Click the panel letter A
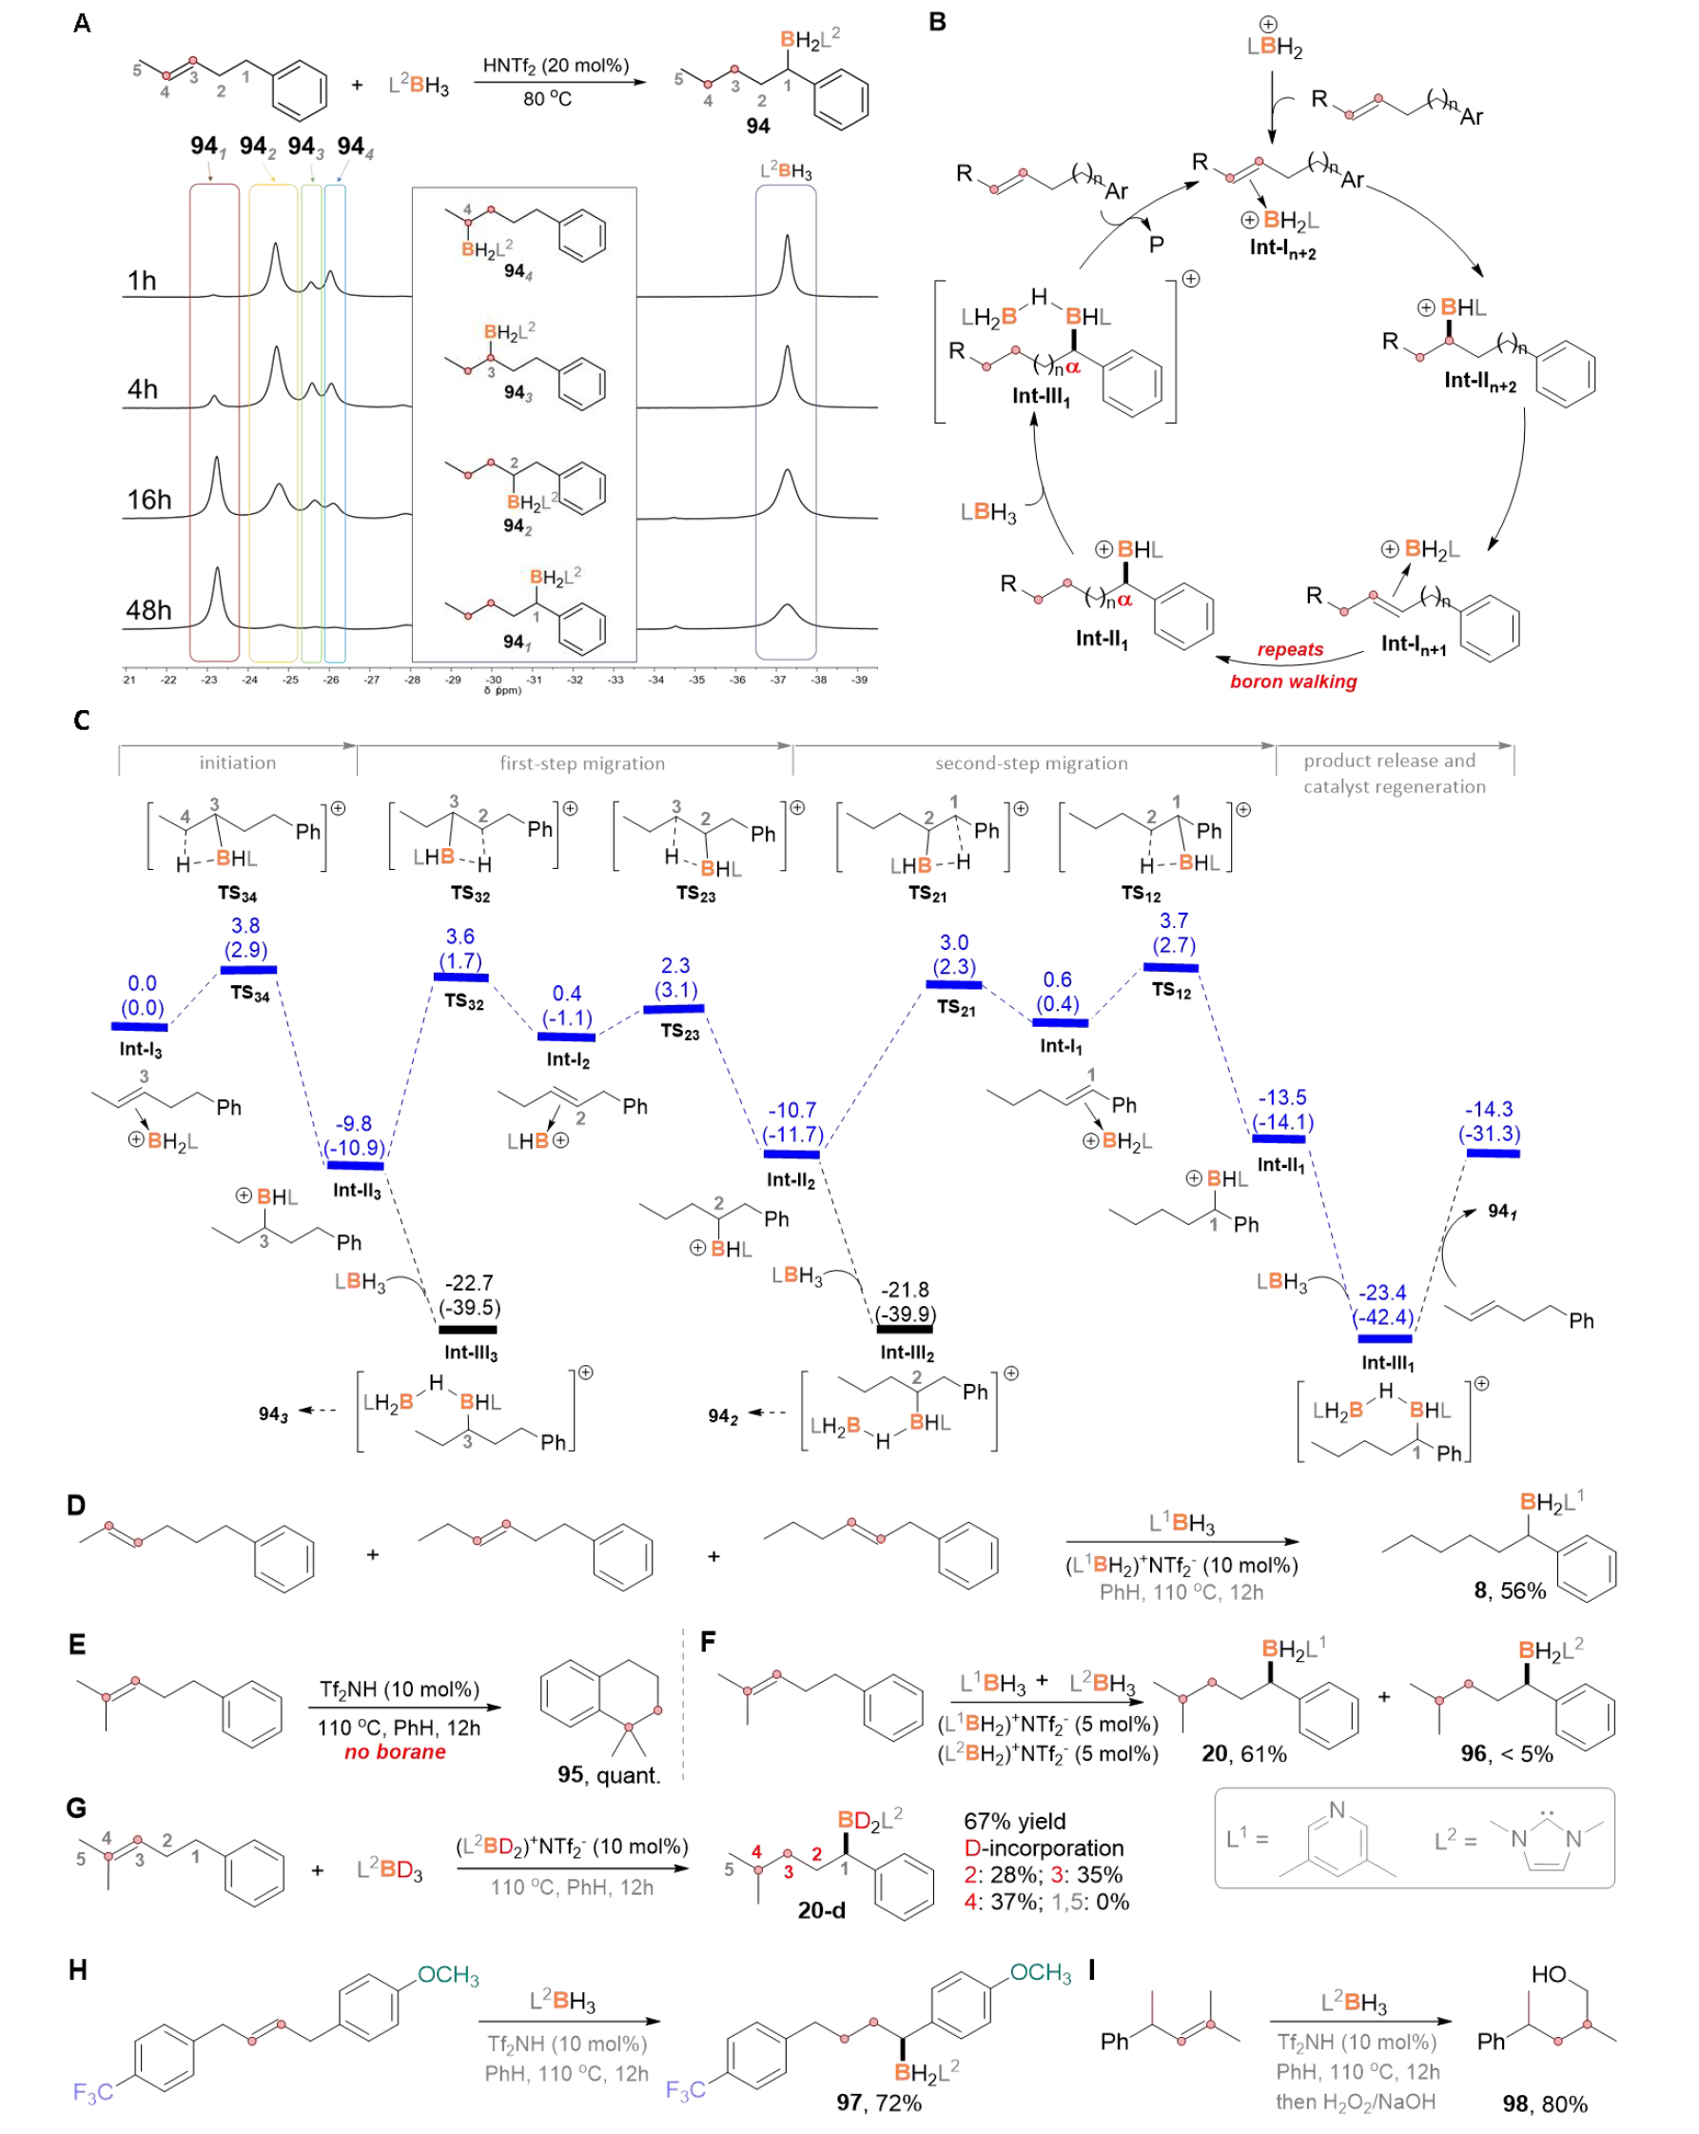click(82, 23)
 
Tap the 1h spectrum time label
click(142, 281)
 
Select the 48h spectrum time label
click(148, 610)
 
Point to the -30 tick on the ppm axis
click(494, 680)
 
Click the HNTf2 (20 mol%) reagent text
click(556, 67)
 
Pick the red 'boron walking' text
click(1292, 681)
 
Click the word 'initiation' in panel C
click(238, 762)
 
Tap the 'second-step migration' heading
click(1031, 763)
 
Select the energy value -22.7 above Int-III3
click(468, 1283)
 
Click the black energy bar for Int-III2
click(906, 1329)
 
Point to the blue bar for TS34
click(248, 969)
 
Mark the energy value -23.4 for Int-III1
click(1381, 1293)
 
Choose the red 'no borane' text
click(395, 1752)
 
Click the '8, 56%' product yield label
click(1509, 1591)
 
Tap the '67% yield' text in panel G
click(1014, 1821)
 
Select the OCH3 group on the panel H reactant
click(448, 1976)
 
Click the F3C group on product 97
click(685, 2090)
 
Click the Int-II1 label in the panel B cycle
click(1102, 639)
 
